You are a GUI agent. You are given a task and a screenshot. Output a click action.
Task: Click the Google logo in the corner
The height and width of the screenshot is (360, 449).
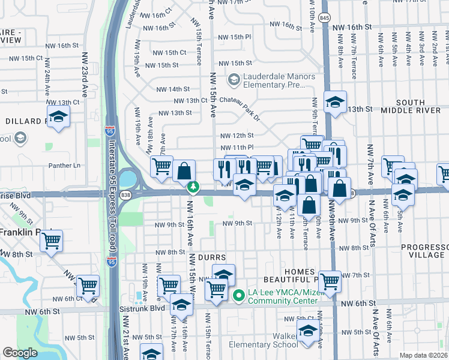pos(20,353)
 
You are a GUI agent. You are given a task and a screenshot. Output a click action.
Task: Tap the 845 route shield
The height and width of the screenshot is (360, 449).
pos(324,18)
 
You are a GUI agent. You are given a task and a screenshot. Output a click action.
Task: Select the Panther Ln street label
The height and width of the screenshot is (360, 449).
pos(68,166)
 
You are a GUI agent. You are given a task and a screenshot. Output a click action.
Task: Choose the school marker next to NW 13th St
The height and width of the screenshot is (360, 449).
pos(336,101)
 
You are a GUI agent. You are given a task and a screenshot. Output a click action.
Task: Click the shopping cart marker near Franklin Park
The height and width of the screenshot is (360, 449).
pos(52,240)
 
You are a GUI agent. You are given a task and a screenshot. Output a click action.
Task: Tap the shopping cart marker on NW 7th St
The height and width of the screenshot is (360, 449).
pos(330,280)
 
